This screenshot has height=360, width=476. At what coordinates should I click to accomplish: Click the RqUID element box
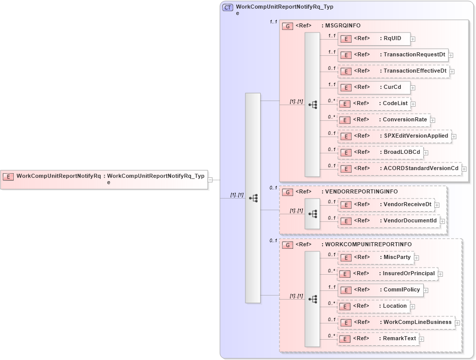click(x=374, y=39)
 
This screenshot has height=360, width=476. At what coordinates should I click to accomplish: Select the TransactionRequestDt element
click(x=392, y=55)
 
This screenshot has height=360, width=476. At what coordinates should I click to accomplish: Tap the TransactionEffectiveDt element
click(x=393, y=71)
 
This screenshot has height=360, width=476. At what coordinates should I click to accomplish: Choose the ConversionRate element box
click(x=384, y=120)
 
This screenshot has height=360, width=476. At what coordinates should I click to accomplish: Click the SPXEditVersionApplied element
click(x=394, y=136)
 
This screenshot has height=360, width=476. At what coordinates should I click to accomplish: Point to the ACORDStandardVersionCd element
click(x=399, y=169)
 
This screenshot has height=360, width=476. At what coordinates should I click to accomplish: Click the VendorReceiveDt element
click(x=386, y=205)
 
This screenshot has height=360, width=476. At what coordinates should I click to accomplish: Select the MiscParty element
click(x=375, y=257)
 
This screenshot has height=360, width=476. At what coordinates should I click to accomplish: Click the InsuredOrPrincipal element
click(x=387, y=274)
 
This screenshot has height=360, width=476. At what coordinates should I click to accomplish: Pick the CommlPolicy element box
click(x=380, y=290)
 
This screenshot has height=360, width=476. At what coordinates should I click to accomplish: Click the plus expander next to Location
click(x=412, y=307)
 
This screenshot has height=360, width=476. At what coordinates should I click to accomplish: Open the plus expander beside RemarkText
click(x=422, y=339)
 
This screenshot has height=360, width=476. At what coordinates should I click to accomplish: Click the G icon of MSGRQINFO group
click(x=288, y=26)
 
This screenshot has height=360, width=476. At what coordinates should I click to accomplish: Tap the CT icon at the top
click(x=228, y=8)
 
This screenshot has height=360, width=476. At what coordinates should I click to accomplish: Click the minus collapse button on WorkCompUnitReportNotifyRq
click(x=210, y=179)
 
